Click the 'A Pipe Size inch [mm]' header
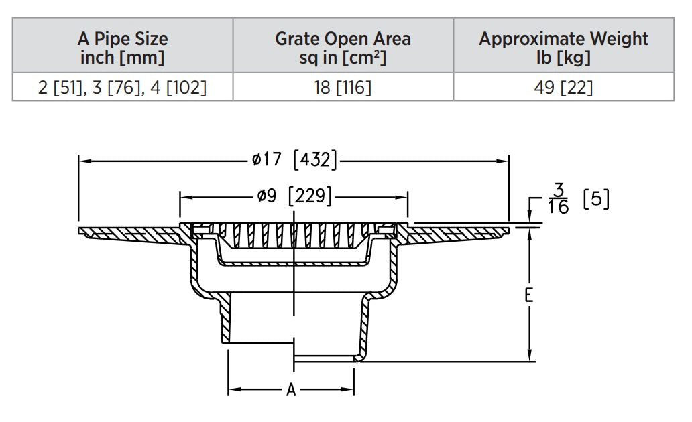pyautogui.click(x=123, y=48)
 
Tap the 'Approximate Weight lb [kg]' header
pyautogui.click(x=563, y=48)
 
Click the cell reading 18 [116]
pyautogui.click(x=343, y=88)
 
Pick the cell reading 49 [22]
pyautogui.click(x=563, y=88)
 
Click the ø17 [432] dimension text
pyautogui.click(x=293, y=161)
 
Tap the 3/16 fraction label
pyautogui.click(x=559, y=200)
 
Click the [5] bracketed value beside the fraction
pyautogui.click(x=596, y=200)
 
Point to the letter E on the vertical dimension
pyautogui.click(x=529, y=295)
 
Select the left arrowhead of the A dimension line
pyautogui.click(x=232, y=389)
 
